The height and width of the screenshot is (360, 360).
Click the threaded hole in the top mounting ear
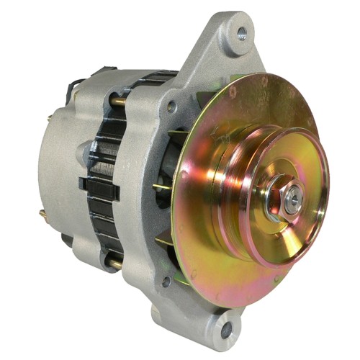point(241,32)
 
